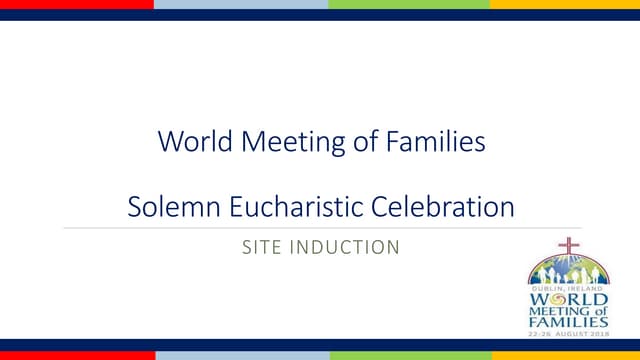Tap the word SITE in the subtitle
tap(263, 246)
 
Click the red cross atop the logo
tap(568, 246)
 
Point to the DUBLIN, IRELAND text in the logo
tap(568, 288)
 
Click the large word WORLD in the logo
tap(568, 300)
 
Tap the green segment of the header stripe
tap(409, 4)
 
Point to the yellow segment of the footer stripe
tap(565, 355)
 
